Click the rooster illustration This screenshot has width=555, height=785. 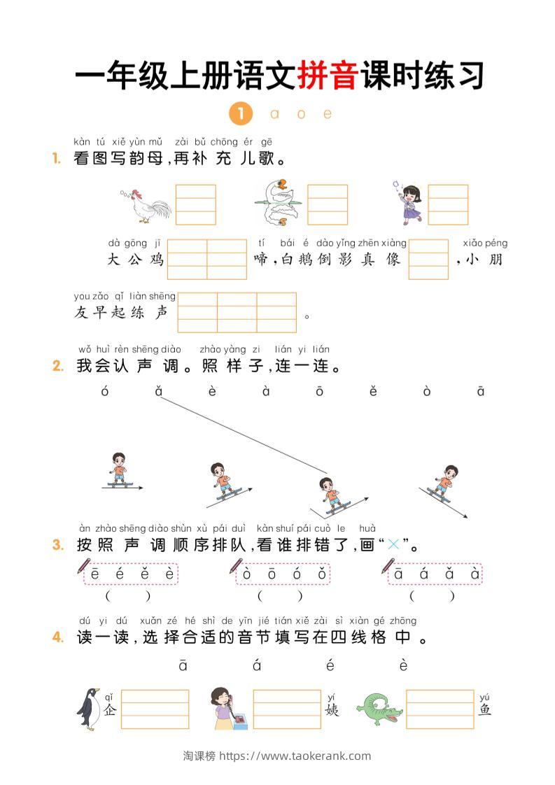coord(146,205)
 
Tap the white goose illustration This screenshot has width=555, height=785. coord(274,202)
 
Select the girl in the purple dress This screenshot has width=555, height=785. coord(408,202)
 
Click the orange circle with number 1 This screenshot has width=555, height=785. coord(239,113)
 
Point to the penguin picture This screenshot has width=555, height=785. coord(89,708)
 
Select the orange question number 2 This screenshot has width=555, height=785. coord(58,366)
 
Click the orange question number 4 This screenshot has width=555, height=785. coord(58,637)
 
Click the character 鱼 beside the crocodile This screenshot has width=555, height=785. coord(485,709)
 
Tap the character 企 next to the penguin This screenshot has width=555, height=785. coord(110,709)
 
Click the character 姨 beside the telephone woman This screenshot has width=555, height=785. coord(332,709)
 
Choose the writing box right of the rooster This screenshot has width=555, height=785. coord(195,204)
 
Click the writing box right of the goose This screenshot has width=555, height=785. coord(328,204)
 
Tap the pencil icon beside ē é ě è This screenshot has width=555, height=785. coord(84,566)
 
